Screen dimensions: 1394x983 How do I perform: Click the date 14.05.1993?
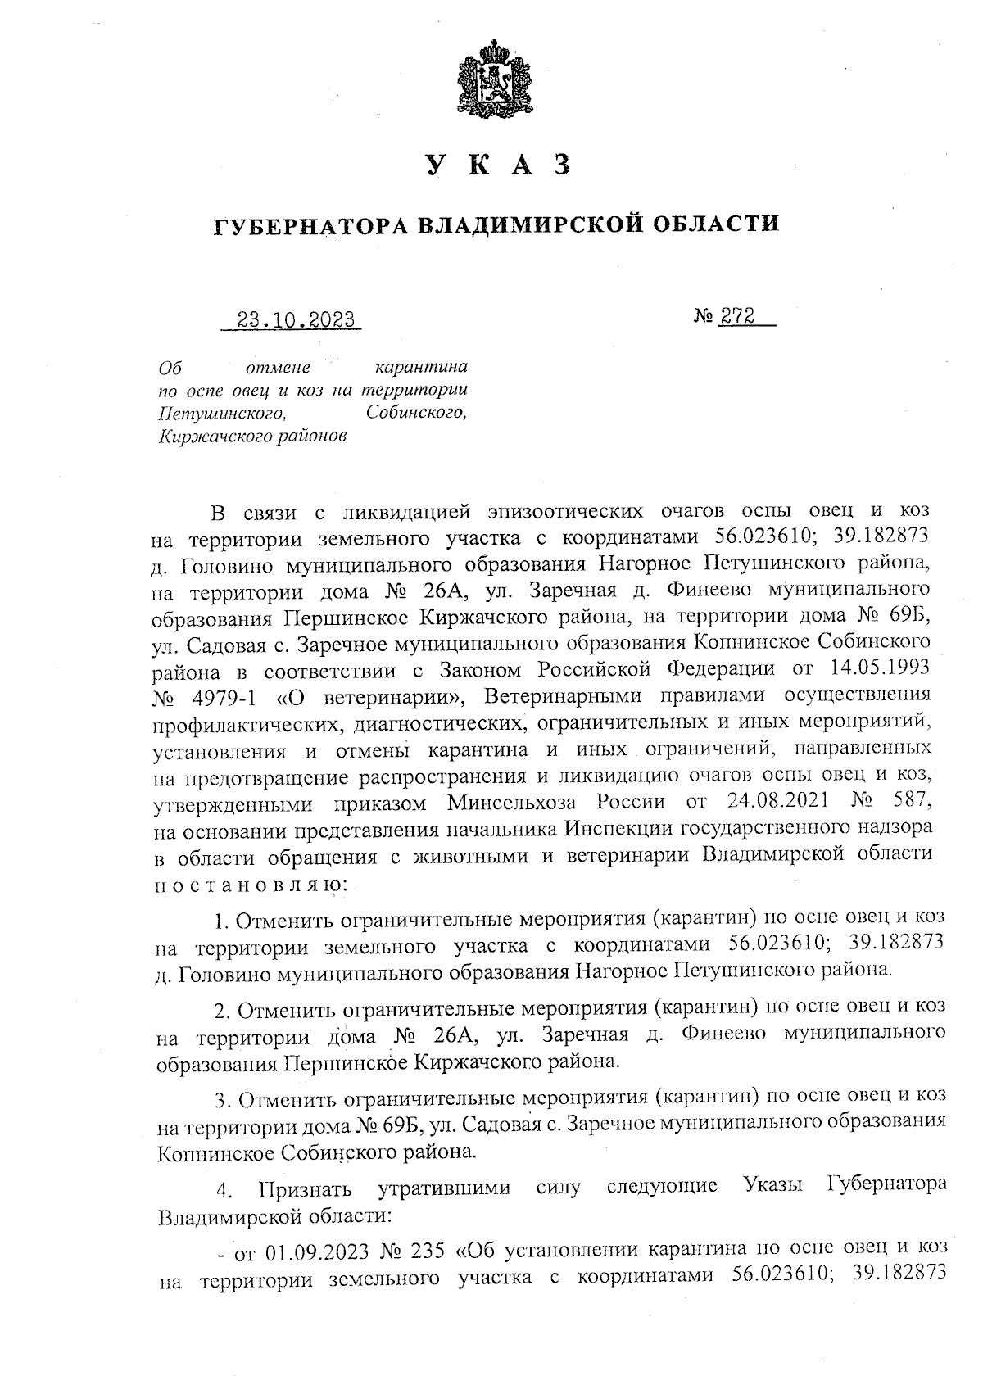[880, 668]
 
